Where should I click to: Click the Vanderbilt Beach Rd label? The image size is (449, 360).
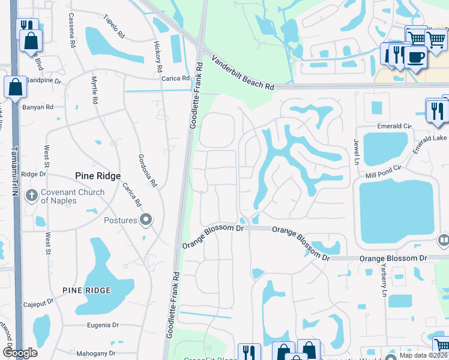[243, 73]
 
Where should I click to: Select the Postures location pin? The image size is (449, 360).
[146, 220]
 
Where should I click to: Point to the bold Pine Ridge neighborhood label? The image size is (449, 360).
[98, 176]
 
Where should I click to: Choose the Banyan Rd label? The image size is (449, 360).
[38, 107]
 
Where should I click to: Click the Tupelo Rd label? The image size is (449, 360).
[116, 24]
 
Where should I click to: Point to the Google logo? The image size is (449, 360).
[19, 353]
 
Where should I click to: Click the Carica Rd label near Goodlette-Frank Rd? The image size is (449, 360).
[175, 78]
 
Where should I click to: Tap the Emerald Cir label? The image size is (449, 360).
[394, 126]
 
